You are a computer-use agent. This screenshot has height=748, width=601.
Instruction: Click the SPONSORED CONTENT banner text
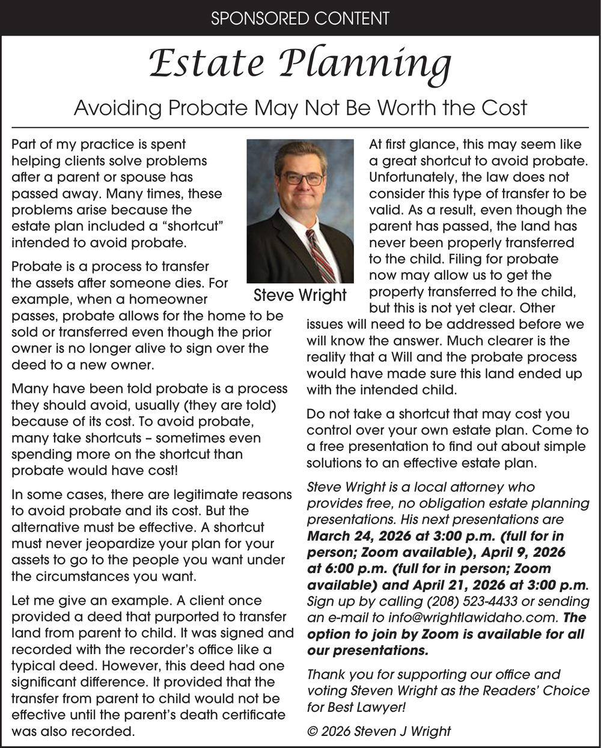click(300, 18)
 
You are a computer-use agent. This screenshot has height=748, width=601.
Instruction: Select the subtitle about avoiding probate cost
click(300, 108)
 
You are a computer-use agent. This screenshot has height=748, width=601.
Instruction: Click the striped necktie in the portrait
click(322, 256)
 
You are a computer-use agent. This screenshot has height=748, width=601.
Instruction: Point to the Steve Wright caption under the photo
click(300, 295)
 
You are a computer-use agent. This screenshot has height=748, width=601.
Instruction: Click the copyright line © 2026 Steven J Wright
click(379, 731)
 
